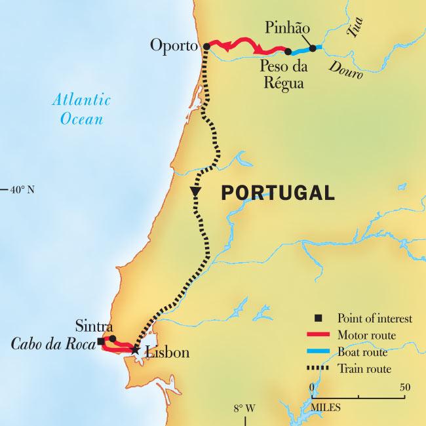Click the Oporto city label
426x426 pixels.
click(x=174, y=47)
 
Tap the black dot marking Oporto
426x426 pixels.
click(x=206, y=47)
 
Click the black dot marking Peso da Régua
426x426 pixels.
click(x=288, y=50)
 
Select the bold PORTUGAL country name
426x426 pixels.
click(x=278, y=192)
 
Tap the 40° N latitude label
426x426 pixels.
click(x=22, y=191)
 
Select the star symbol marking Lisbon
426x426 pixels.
click(x=135, y=350)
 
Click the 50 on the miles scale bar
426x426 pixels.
click(x=404, y=387)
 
